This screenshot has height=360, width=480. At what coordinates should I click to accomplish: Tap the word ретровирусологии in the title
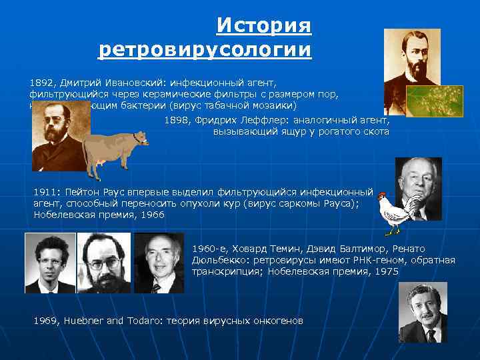[205, 49]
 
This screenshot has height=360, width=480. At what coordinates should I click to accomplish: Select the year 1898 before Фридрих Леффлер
[176, 121]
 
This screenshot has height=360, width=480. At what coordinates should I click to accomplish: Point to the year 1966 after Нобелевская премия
[153, 215]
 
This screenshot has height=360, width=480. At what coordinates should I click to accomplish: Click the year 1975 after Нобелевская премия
[387, 271]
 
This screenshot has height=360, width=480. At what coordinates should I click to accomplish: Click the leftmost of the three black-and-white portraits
[50, 263]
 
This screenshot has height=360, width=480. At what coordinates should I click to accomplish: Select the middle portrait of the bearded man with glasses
[103, 263]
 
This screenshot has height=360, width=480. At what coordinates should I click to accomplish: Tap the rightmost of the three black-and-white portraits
[159, 263]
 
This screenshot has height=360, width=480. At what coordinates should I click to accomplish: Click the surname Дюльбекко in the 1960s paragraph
[219, 260]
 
